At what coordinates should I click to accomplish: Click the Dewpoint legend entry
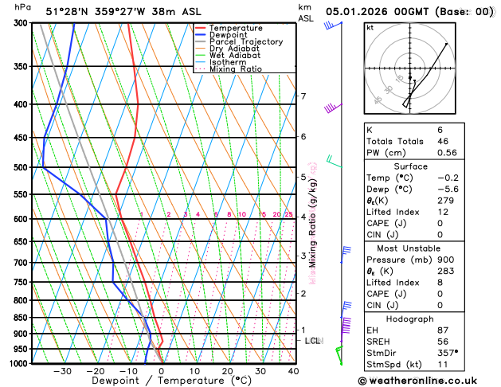click(225, 35)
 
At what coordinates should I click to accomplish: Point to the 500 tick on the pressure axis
click(18, 168)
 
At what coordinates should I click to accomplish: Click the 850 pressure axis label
click(18, 318)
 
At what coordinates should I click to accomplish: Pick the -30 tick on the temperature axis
click(62, 371)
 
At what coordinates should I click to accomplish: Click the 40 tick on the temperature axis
click(293, 371)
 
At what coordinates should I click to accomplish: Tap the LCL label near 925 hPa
click(313, 341)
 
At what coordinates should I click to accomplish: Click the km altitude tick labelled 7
click(303, 97)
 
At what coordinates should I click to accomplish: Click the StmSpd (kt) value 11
click(443, 364)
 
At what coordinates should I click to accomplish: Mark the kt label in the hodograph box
click(370, 27)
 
